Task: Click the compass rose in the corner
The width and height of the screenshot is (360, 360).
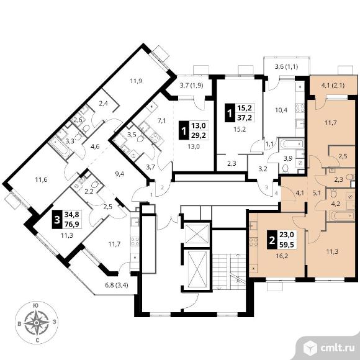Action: (36, 323)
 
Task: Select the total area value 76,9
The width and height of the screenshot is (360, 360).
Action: (71, 224)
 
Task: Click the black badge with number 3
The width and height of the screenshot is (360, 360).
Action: (57, 220)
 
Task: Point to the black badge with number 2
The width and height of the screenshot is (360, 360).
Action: (272, 240)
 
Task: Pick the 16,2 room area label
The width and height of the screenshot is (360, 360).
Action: (282, 256)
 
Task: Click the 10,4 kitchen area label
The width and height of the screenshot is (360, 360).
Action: (281, 110)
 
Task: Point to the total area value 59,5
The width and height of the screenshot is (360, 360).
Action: (287, 245)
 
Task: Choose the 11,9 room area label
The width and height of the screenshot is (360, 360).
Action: (136, 81)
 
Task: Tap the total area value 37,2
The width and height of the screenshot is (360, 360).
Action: (245, 118)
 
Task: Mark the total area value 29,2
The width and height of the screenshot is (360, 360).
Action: (199, 135)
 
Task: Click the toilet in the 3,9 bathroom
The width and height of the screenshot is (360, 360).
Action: (286, 169)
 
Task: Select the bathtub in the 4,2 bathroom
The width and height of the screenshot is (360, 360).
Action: (342, 215)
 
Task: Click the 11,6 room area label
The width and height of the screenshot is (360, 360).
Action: (42, 179)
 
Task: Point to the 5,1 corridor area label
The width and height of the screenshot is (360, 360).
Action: (317, 193)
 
